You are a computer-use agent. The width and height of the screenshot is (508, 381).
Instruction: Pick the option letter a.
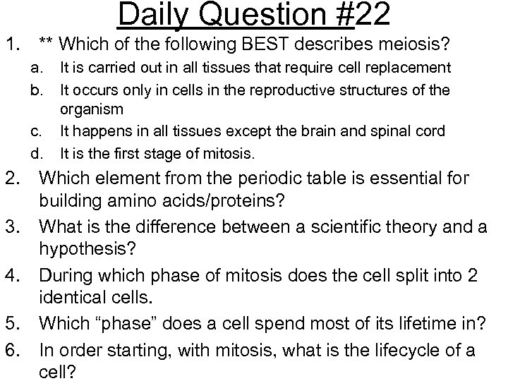[44, 67]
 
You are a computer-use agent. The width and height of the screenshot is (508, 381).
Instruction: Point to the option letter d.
[44, 153]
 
